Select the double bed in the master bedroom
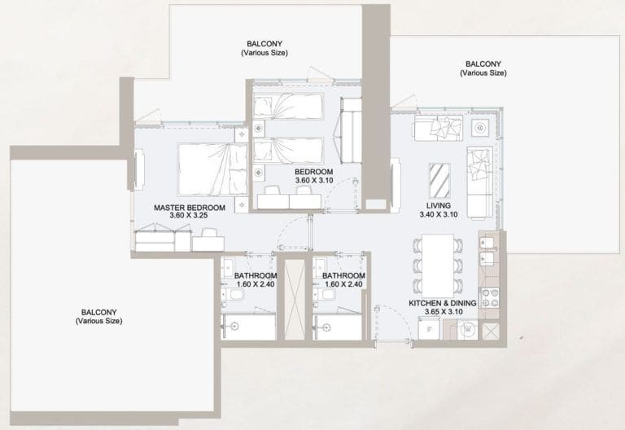pyautogui.click(x=212, y=169)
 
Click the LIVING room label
pyautogui.click(x=439, y=205)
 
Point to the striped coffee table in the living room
pyautogui.click(x=439, y=176)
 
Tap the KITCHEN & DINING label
pyautogui.click(x=442, y=302)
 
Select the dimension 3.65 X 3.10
pyautogui.click(x=442, y=312)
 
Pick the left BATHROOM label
pyautogui.click(x=255, y=276)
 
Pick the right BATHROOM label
pyautogui.click(x=343, y=276)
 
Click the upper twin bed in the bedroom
pyautogui.click(x=287, y=106)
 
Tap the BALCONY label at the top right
pyautogui.click(x=483, y=64)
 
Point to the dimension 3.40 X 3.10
pyautogui.click(x=439, y=215)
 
